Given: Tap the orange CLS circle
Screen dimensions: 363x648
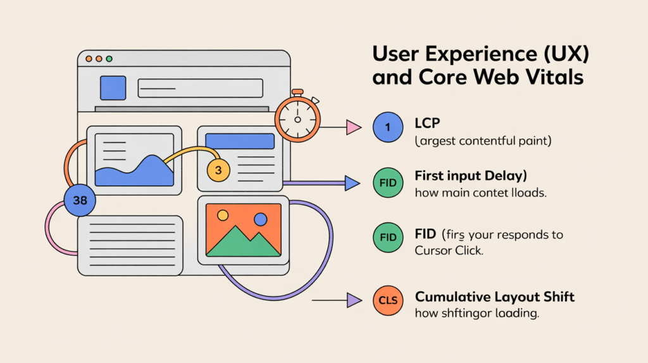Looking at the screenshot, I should [x=388, y=300].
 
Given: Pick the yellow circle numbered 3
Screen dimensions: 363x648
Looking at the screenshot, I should [x=218, y=170].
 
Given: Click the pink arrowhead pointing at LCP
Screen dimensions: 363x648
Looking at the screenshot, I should [x=352, y=128].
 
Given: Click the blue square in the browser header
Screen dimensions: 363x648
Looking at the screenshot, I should [x=113, y=88].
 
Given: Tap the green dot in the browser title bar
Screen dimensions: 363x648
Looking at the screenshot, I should [x=109, y=59].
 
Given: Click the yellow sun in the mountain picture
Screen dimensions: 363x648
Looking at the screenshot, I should [x=223, y=216].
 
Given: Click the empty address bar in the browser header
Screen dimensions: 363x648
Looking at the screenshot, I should [x=200, y=88].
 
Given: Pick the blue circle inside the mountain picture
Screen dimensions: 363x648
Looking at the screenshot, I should [x=260, y=219].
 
